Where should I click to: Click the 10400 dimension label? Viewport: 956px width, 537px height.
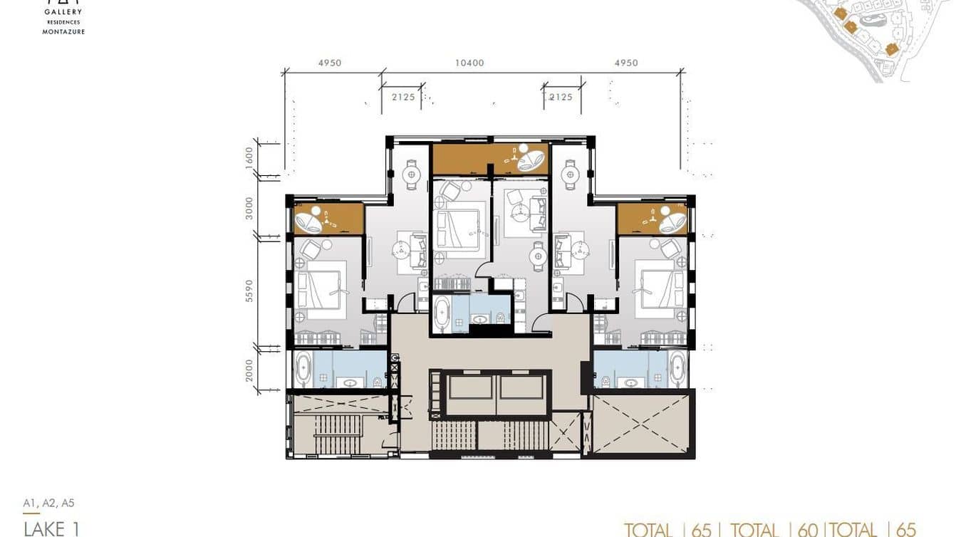point(469,63)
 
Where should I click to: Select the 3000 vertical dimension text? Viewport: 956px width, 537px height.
point(249,209)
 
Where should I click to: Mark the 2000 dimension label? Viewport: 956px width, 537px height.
point(249,370)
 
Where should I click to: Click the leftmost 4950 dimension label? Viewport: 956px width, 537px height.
point(330,63)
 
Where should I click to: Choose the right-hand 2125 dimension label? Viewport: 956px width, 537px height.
point(561,97)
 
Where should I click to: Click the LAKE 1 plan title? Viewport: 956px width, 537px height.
point(51,528)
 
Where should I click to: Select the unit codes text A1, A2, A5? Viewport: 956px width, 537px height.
point(48,504)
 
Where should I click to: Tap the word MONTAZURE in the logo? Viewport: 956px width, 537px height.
point(63,31)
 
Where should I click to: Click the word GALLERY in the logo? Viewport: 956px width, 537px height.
point(63,12)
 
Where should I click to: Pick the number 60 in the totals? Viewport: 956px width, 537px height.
point(807,529)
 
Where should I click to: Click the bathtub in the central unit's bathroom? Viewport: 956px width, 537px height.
point(442,314)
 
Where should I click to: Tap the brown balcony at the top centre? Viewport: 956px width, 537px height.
point(489,158)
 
